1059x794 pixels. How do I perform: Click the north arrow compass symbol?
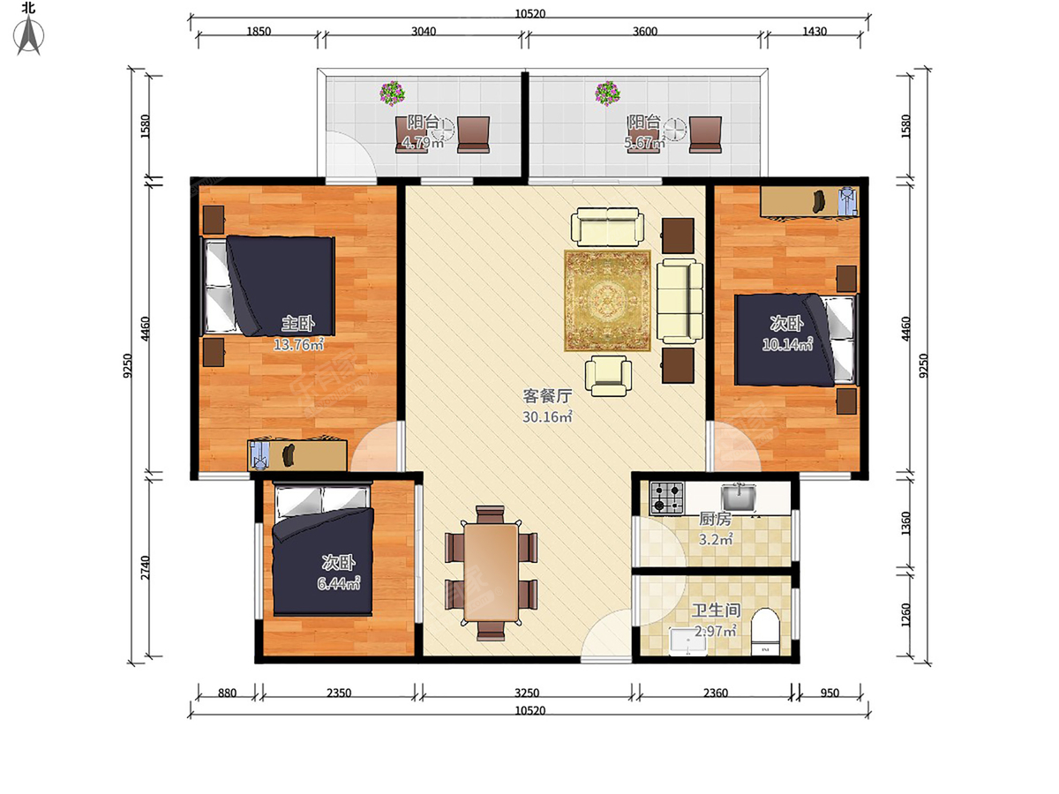click(29, 34)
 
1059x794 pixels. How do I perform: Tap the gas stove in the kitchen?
click(667, 497)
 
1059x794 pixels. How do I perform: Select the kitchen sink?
click(738, 498)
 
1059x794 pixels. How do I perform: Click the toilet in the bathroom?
click(765, 631)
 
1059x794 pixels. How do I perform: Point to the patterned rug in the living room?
click(607, 300)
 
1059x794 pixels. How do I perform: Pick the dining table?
click(492, 573)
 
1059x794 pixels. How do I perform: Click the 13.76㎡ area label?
click(298, 344)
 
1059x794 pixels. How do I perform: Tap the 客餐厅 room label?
click(547, 396)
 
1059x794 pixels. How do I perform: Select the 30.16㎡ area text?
click(547, 416)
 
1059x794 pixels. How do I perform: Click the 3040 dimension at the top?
click(423, 32)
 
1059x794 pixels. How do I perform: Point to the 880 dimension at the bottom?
click(227, 693)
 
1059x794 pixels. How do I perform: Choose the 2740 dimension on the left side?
click(146, 568)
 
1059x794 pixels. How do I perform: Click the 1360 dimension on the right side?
click(905, 523)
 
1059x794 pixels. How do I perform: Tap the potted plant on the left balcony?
click(392, 93)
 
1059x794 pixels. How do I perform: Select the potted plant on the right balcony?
click(607, 93)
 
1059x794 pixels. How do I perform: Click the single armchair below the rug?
click(608, 376)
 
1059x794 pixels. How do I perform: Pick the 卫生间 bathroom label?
click(716, 610)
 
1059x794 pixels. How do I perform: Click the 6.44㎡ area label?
click(338, 583)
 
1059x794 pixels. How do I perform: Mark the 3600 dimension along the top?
click(644, 32)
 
